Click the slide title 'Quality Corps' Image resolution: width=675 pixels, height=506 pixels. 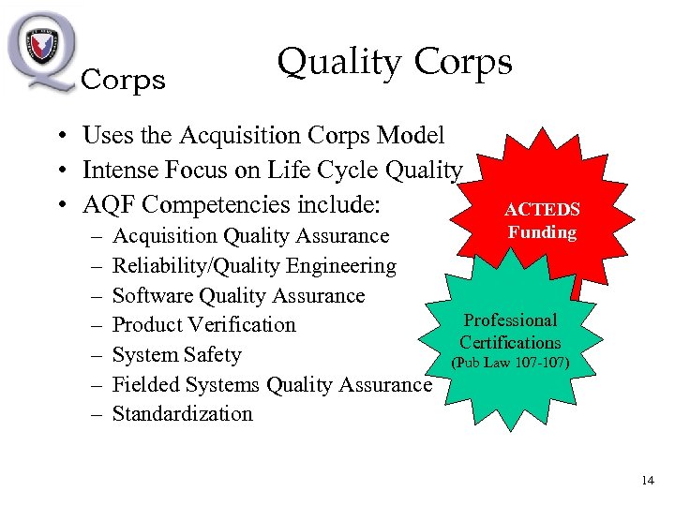[395, 62]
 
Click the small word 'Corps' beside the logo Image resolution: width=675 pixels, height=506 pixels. [124, 82]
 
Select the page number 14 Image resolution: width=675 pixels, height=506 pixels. [647, 481]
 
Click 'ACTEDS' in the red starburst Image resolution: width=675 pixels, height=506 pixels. [542, 210]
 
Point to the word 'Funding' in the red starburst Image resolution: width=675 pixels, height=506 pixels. [542, 231]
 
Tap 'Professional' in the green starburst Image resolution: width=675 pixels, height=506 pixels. [511, 320]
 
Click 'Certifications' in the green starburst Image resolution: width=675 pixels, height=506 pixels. [510, 342]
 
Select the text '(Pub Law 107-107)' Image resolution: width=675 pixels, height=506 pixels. [510, 362]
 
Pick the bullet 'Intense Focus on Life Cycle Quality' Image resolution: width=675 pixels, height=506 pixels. [272, 171]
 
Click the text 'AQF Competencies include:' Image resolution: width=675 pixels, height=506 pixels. [235, 204]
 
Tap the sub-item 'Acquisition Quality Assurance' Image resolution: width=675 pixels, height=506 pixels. [250, 236]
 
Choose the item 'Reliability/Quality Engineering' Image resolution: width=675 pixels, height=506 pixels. [254, 266]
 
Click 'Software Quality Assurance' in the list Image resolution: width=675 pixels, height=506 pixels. [238, 296]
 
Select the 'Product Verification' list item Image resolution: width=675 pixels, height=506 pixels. [203, 325]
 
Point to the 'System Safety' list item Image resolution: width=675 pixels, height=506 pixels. [176, 355]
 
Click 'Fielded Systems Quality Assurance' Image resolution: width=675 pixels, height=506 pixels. [272, 384]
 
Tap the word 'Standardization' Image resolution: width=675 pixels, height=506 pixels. [182, 414]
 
